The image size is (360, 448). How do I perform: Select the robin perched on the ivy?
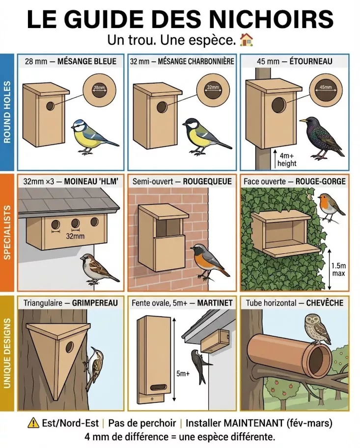pyautogui.click(x=330, y=206)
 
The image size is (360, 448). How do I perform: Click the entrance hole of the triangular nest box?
pyautogui.click(x=69, y=347)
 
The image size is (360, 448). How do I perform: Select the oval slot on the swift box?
pyautogui.click(x=158, y=387)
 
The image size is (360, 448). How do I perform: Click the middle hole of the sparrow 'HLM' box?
pyautogui.click(x=76, y=224)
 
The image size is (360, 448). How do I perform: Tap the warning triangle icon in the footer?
pyautogui.click(x=33, y=422)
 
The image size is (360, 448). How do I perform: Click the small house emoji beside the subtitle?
pyautogui.click(x=246, y=40)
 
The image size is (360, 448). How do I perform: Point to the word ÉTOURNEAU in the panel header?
pyautogui.click(x=311, y=61)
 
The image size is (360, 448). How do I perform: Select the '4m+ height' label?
pyautogui.click(x=286, y=160)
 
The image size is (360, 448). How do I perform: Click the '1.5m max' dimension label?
pyautogui.click(x=338, y=269)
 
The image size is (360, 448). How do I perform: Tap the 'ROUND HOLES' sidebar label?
pyautogui.click(x=7, y=112)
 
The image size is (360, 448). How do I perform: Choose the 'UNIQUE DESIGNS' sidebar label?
pyautogui.click(x=7, y=353)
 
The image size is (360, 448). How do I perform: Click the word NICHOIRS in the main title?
pyautogui.click(x=269, y=19)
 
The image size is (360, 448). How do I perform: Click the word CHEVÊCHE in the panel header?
pyautogui.click(x=325, y=303)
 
